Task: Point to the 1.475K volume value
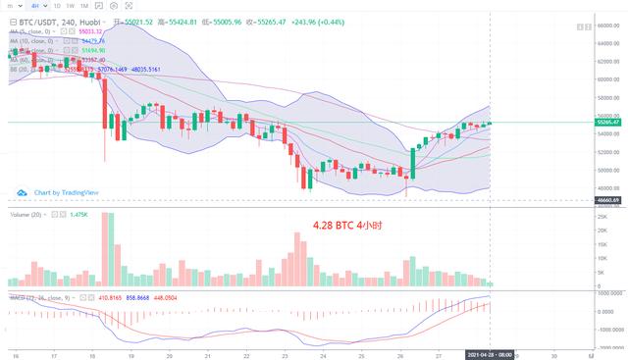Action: coord(67,213)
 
